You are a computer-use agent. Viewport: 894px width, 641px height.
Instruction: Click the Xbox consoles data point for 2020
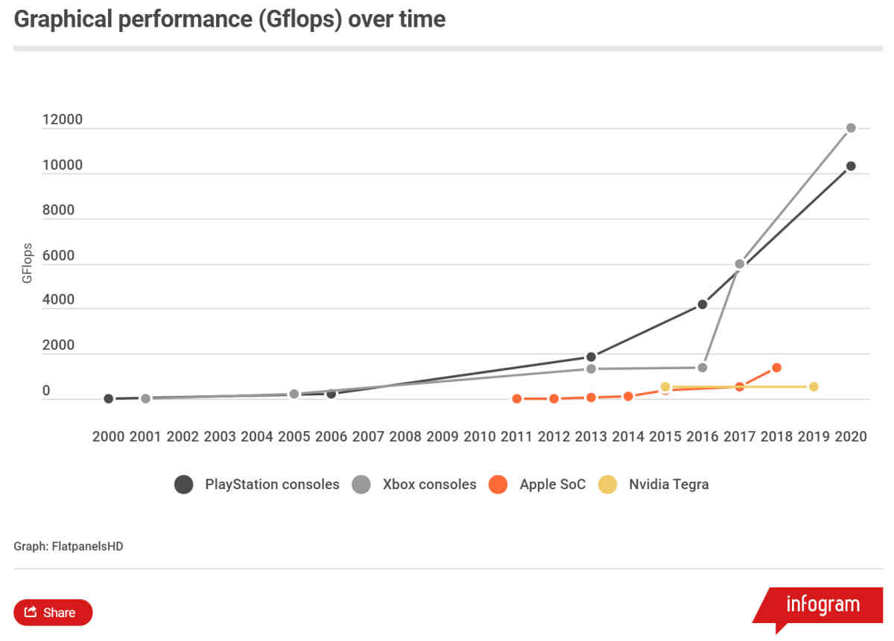click(851, 128)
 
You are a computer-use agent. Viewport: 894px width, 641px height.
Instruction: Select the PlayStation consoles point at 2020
click(851, 166)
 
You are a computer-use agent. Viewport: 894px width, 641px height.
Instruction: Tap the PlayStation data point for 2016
click(702, 304)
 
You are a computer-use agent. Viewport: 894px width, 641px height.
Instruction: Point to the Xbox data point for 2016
click(702, 368)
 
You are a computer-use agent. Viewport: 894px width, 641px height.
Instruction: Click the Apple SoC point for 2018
click(776, 367)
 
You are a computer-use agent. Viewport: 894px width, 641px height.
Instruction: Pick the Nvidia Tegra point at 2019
click(814, 386)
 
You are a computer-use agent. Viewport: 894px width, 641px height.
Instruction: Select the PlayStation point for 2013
click(591, 357)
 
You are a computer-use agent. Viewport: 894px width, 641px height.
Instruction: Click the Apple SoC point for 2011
click(516, 399)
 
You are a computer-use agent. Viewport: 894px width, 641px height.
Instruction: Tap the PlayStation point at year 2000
click(109, 399)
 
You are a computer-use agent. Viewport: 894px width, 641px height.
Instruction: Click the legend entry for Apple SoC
click(553, 485)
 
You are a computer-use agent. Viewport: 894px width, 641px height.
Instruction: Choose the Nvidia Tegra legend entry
click(668, 485)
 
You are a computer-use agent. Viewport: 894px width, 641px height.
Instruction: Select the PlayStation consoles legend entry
click(272, 485)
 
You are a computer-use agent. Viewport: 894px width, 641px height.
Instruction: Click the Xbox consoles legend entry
click(429, 485)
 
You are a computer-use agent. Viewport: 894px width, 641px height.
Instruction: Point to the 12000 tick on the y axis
click(63, 121)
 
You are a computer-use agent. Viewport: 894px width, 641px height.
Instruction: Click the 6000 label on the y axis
click(59, 256)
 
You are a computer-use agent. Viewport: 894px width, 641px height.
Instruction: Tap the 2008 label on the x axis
click(405, 436)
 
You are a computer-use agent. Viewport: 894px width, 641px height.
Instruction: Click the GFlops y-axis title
click(28, 262)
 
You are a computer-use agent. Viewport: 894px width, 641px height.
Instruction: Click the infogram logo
click(822, 604)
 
